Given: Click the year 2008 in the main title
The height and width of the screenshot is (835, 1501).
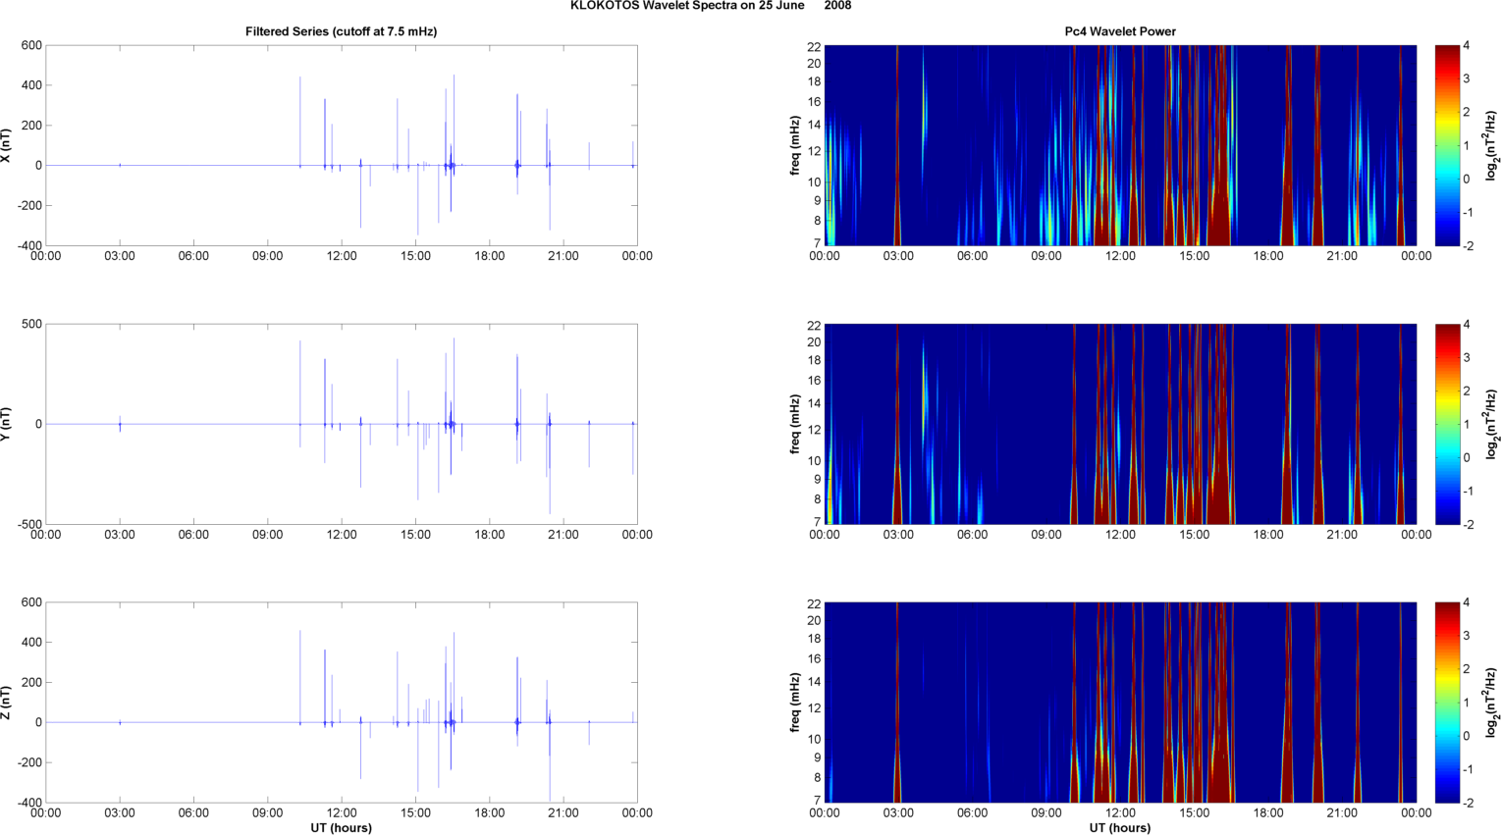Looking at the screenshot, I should click(837, 6).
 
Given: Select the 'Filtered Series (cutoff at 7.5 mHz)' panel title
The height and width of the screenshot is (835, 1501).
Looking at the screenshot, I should click(341, 31).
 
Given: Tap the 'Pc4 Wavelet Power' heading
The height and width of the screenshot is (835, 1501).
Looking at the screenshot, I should click(1120, 31).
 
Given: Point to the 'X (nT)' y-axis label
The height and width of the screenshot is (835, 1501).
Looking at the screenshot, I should click(7, 146).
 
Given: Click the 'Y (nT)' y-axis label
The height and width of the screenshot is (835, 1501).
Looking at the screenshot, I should click(7, 424).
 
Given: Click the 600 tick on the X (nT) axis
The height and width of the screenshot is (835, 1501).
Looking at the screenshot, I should click(31, 46).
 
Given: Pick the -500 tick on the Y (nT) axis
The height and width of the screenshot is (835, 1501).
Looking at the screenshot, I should click(29, 525).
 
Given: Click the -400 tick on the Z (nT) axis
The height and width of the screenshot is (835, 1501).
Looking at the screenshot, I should click(29, 803).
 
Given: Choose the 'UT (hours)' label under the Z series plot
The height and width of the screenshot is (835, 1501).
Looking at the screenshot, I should click(341, 828).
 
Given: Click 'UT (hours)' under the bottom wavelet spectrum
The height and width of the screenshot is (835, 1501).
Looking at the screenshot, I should click(1120, 828).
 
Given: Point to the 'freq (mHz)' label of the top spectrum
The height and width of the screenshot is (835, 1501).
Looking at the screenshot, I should click(796, 146).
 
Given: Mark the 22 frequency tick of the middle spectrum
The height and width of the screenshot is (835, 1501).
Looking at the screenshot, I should click(815, 325).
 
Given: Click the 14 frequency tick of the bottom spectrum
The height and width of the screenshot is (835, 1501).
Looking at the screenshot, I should click(815, 682).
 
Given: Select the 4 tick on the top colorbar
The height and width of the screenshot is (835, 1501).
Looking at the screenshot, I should click(1466, 46).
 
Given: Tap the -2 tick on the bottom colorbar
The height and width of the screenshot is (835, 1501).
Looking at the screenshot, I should click(1468, 803).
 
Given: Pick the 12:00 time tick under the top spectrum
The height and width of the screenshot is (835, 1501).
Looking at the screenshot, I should click(1120, 256).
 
